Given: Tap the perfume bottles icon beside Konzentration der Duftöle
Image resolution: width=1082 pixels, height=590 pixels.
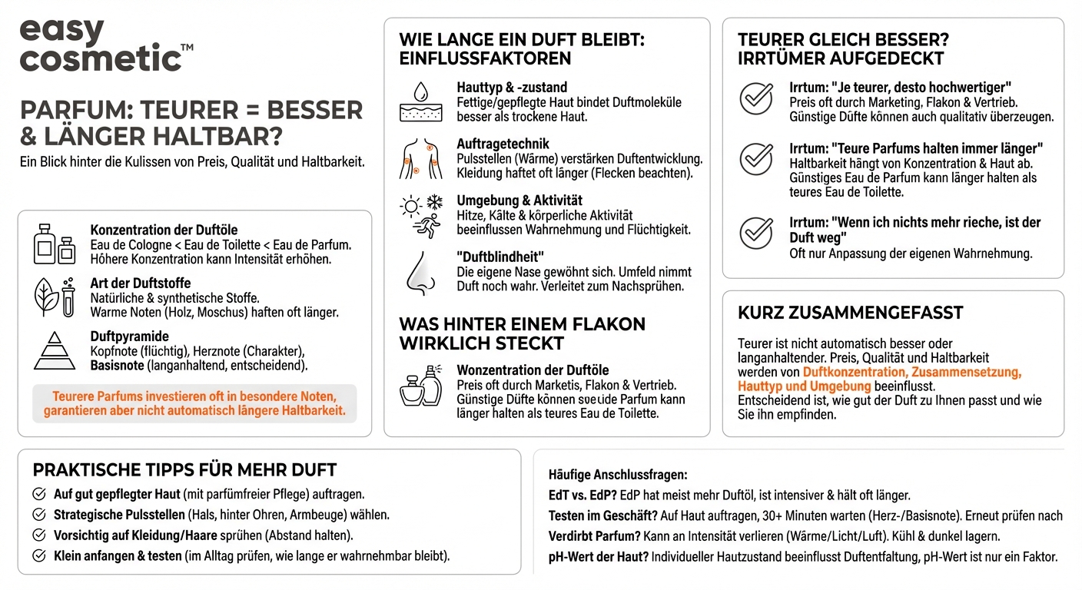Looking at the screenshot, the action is click(55, 244).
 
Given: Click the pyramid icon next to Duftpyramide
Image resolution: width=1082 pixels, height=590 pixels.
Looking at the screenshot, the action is click(55, 350).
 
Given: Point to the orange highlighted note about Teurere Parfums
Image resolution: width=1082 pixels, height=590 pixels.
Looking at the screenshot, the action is click(194, 404).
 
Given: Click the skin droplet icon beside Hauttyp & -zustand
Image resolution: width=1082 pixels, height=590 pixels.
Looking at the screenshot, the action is click(421, 101).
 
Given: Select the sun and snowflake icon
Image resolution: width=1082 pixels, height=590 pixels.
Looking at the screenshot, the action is click(422, 214).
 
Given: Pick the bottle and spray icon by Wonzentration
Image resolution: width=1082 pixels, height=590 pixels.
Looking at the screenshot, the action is click(421, 386).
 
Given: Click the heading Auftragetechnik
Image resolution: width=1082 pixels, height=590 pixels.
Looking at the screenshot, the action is click(503, 144).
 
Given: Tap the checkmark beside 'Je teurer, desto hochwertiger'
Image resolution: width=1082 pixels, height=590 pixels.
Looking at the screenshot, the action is click(756, 98).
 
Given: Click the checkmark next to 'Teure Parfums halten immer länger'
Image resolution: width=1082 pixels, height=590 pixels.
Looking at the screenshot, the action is click(756, 159).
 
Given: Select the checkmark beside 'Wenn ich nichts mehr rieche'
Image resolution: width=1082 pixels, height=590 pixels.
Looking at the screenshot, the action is click(756, 232).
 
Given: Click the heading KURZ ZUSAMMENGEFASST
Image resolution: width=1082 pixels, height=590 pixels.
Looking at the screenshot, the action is click(850, 313).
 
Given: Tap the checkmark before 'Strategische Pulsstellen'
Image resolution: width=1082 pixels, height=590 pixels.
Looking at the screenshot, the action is click(39, 515).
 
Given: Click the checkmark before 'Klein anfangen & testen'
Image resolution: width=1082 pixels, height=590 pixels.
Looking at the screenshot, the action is click(39, 555).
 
